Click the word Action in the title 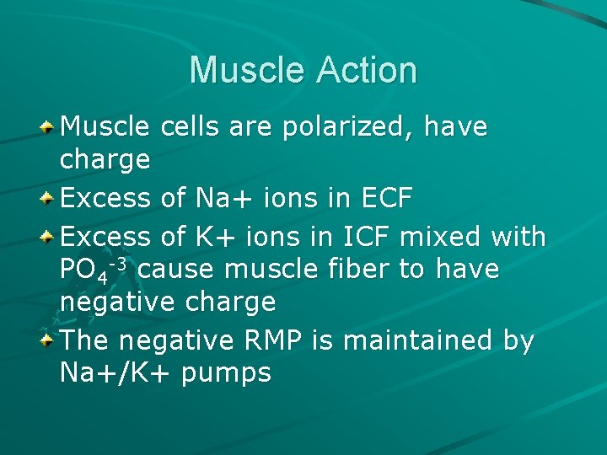366,70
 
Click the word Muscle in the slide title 247,70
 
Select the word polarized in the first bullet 349,127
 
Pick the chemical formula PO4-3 94,270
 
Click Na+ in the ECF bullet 223,199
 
